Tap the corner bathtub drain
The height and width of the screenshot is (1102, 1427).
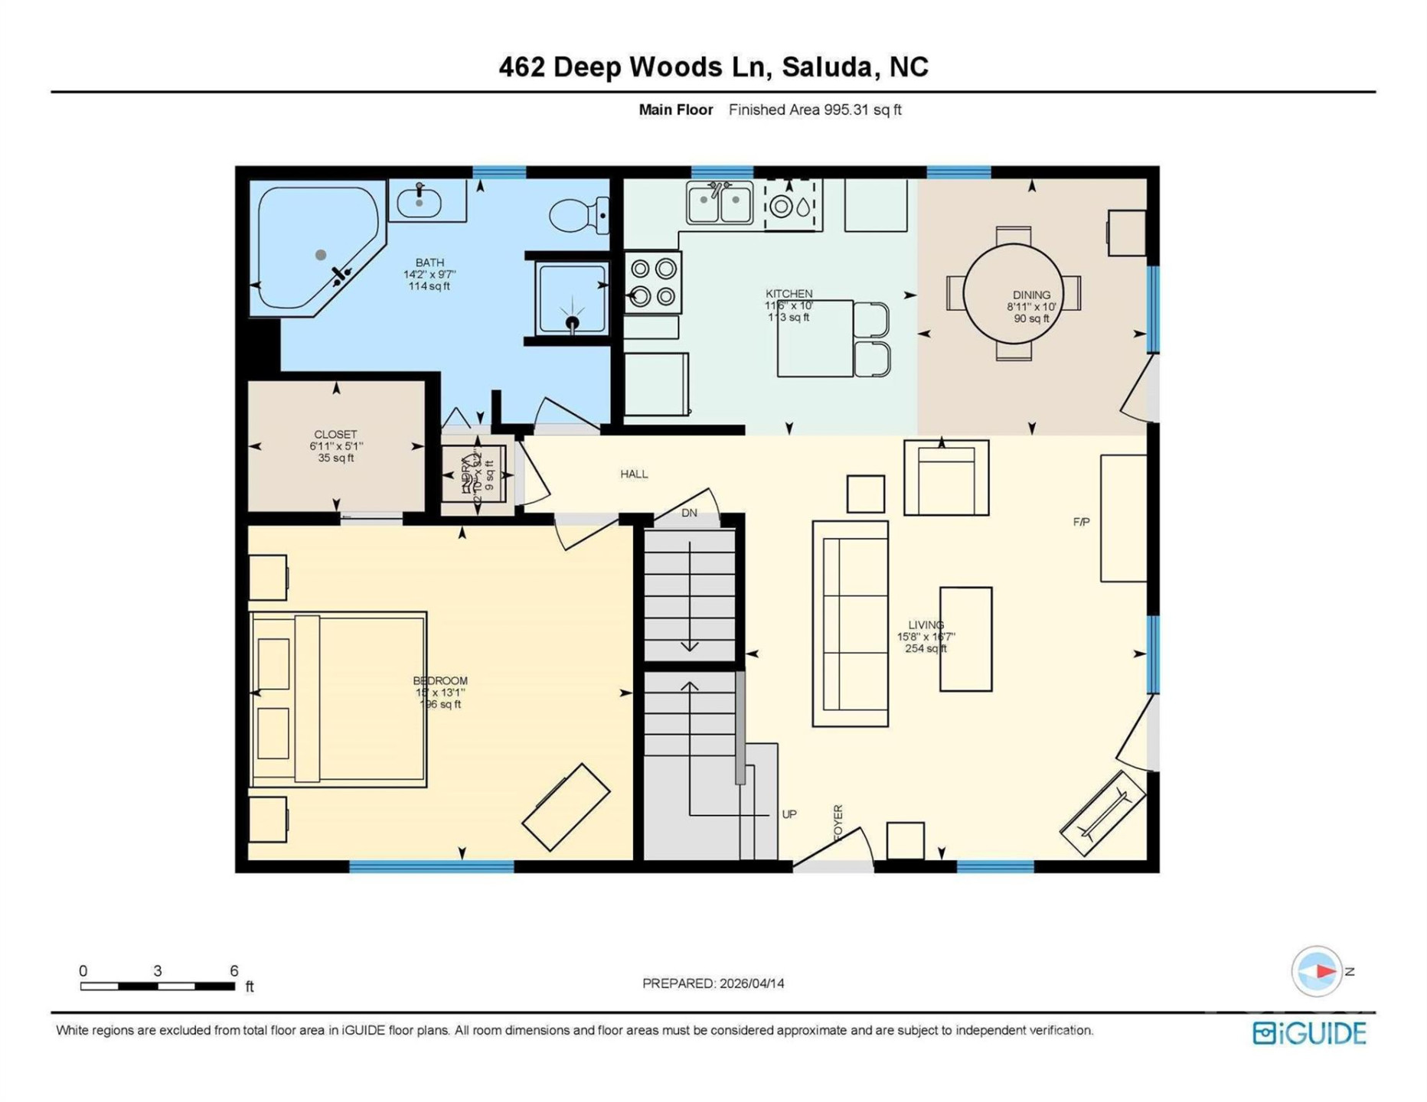(x=321, y=255)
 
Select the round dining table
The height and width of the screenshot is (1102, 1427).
(x=1012, y=294)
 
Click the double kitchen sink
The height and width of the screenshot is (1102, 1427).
(x=719, y=203)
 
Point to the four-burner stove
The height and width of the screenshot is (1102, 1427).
(x=652, y=282)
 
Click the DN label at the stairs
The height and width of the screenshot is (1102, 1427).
(x=689, y=513)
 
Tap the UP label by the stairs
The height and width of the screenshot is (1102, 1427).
(x=789, y=814)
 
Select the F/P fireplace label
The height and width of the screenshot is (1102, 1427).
(x=1081, y=522)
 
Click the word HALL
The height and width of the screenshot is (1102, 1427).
(x=634, y=474)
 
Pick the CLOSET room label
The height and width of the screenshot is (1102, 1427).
(x=335, y=434)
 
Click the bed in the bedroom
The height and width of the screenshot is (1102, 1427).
(x=337, y=699)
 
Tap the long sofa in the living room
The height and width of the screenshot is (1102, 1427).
(x=850, y=624)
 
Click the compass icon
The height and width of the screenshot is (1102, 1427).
(x=1316, y=971)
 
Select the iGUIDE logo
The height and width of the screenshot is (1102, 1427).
(x=1309, y=1033)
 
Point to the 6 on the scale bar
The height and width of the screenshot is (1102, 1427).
(x=234, y=970)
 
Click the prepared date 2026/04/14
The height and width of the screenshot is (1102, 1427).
(x=750, y=983)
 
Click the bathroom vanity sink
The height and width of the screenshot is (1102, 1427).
(x=419, y=202)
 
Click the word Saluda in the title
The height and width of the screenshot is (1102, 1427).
(x=827, y=67)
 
